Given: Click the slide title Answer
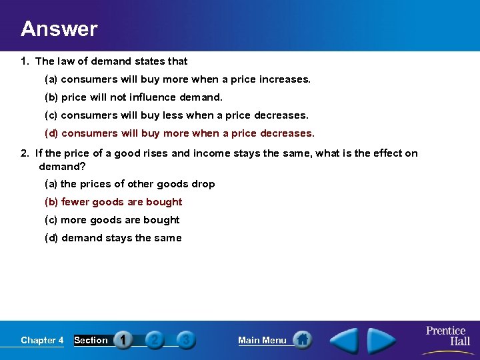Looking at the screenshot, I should pos(59,29).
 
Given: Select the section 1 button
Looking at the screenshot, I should pos(123,340).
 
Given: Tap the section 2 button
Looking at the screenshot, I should pos(155,340).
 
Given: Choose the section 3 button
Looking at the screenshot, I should pos(186,340).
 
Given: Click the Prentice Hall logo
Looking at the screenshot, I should pos(447,336).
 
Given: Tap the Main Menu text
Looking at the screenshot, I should pos(262,341).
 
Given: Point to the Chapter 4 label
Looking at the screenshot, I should pos(42,341).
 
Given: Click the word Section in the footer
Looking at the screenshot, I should pos(91,341).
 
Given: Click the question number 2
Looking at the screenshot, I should pos(24,153).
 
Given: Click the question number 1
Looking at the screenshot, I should pos(24,61).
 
